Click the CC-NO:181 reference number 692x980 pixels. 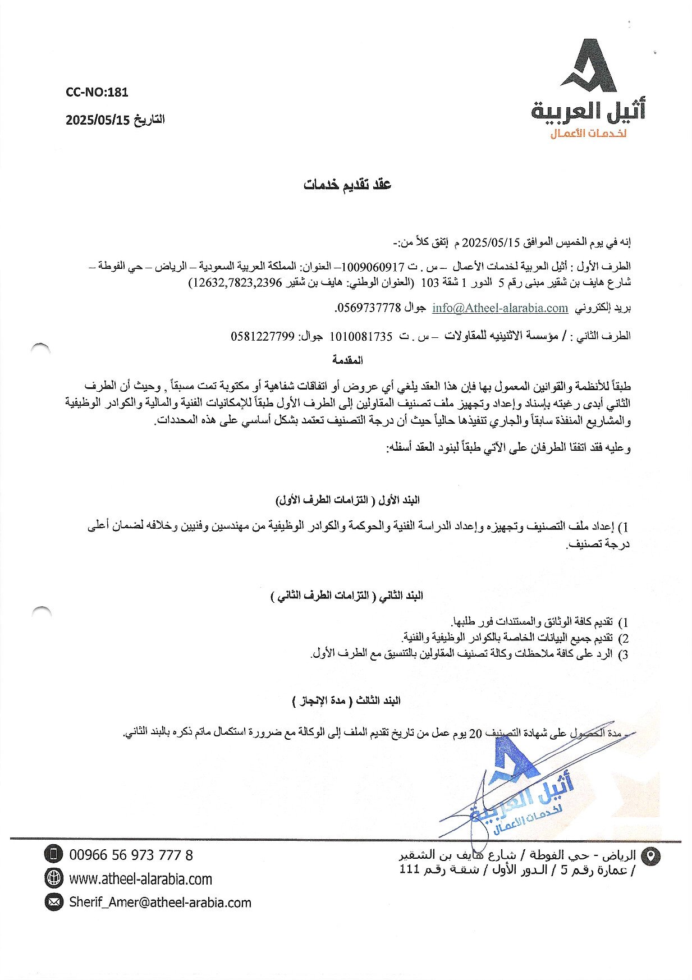coord(97,92)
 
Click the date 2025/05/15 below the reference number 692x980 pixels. coord(98,120)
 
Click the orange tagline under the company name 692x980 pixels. coord(588,134)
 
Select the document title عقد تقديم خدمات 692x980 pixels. coord(347,185)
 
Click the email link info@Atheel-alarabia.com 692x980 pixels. coord(500,308)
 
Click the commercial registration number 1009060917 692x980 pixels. coord(373,266)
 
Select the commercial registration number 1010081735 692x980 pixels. coord(360,336)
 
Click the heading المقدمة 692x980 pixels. coord(347,360)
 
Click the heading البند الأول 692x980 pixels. coord(348,500)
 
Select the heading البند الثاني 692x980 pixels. coord(347,596)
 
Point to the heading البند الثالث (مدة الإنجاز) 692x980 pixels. coord(347,700)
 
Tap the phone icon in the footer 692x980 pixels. coord(54,855)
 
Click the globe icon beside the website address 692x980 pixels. coord(54,877)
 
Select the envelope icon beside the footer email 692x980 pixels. coord(54,902)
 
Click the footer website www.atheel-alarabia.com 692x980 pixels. coord(140,879)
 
